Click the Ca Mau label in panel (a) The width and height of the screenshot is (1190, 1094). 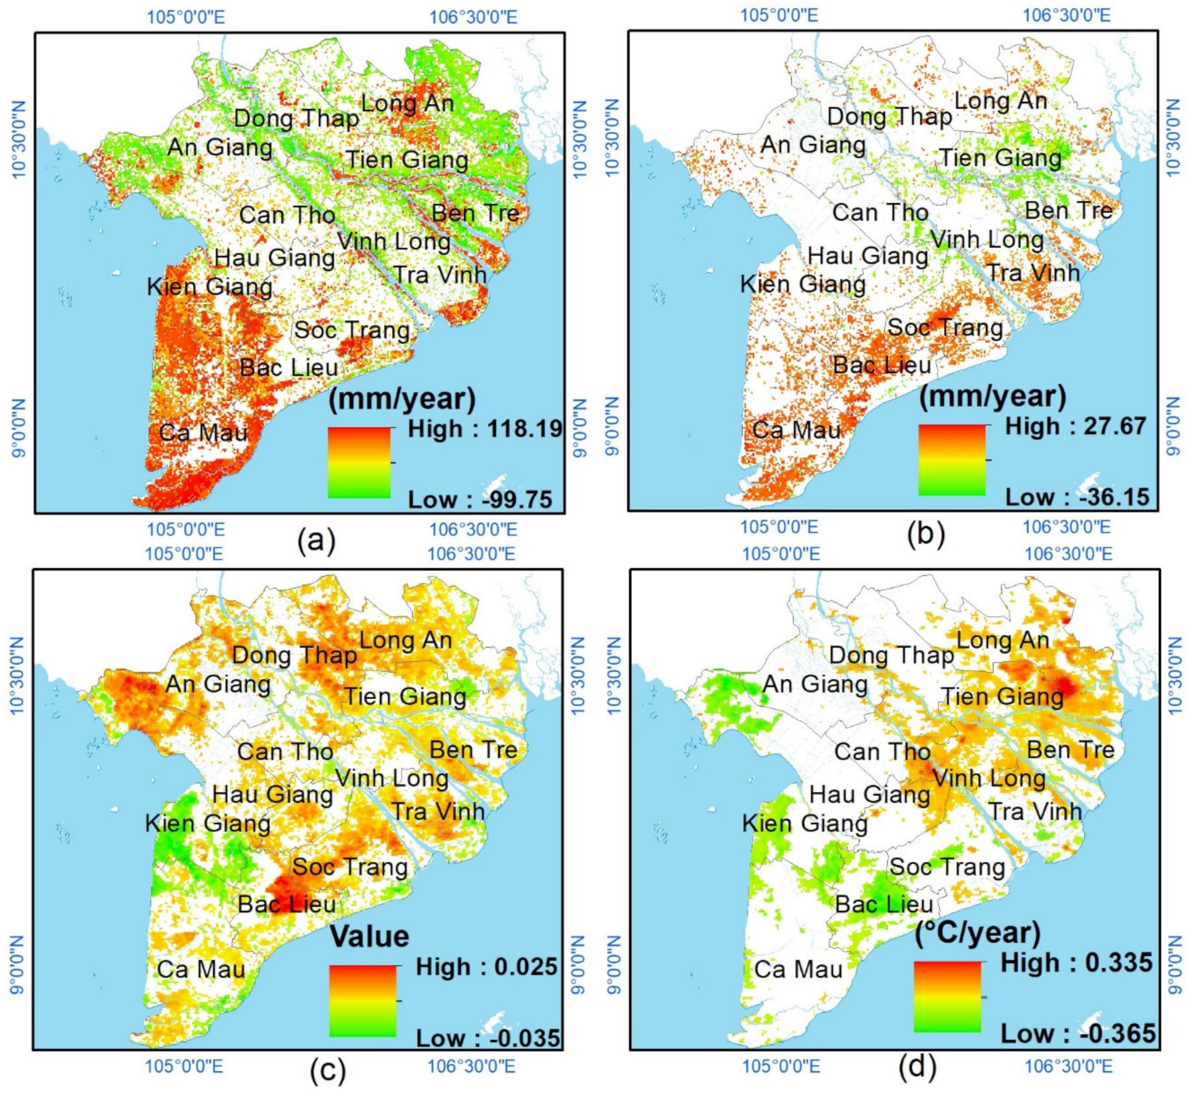[x=203, y=433]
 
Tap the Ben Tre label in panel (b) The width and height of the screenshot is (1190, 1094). [x=1069, y=211]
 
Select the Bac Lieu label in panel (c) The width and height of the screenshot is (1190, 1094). [x=287, y=904]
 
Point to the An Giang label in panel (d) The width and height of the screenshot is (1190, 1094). [x=815, y=685]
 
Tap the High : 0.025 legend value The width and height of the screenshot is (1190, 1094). [x=486, y=967]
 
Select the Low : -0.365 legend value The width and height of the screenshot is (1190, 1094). [x=1077, y=1034]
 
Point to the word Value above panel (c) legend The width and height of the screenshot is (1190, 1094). [x=369, y=937]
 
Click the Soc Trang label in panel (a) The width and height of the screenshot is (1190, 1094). [x=352, y=330]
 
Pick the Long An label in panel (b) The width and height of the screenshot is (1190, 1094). [x=1001, y=101]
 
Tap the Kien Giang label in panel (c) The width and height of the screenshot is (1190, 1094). [x=208, y=823]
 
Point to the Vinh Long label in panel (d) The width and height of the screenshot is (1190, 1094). [x=989, y=778]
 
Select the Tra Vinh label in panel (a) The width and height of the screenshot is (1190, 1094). [x=440, y=275]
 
